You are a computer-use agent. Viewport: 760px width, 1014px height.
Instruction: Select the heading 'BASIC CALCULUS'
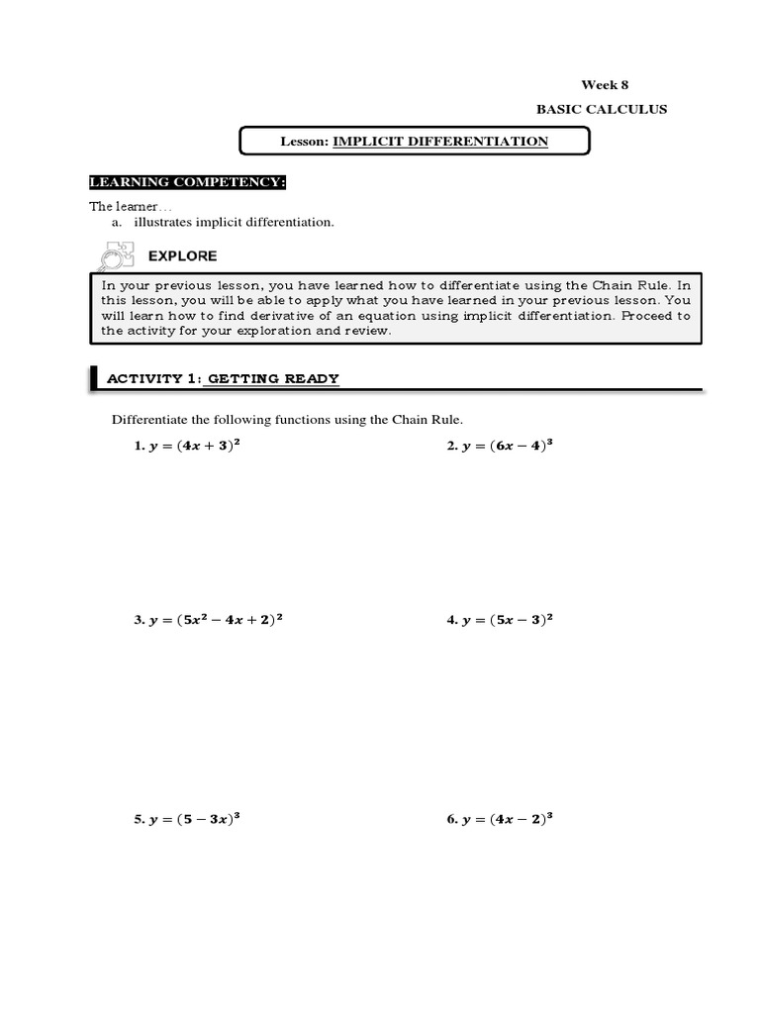(602, 109)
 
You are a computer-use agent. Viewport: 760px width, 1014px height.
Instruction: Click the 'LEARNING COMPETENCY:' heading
(187, 182)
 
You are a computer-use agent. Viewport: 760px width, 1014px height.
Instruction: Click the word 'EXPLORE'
(182, 255)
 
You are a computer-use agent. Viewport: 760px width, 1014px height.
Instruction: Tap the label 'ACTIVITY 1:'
(153, 378)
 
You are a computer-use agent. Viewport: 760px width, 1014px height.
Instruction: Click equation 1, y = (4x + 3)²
(188, 446)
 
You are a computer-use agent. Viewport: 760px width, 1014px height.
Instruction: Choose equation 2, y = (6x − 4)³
(500, 446)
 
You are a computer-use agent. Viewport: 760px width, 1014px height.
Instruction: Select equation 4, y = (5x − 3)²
(500, 620)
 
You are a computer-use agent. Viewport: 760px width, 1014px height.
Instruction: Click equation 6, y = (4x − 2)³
(500, 820)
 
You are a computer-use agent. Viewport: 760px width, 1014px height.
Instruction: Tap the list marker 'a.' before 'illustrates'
(117, 222)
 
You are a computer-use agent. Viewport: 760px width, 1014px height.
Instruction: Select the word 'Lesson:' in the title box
(305, 142)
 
